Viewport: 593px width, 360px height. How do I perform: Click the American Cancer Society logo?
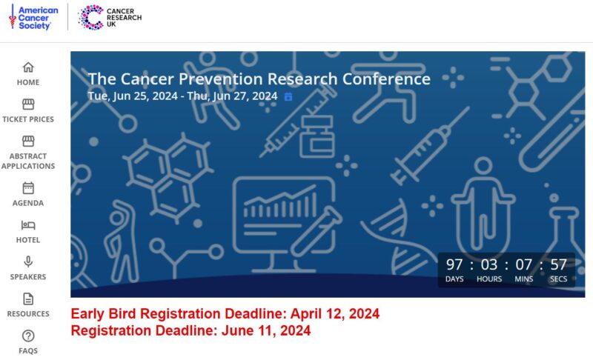[33, 17]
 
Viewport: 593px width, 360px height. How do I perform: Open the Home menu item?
[28, 73]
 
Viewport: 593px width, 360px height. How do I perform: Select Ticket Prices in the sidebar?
[28, 110]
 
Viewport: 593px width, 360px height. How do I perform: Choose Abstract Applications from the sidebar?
[28, 153]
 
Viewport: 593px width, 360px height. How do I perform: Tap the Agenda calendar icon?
[28, 187]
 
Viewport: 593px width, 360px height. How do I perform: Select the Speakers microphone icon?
[28, 261]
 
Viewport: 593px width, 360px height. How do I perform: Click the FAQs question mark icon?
[28, 336]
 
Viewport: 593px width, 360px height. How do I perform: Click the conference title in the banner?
[259, 79]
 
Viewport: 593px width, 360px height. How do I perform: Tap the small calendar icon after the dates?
[288, 97]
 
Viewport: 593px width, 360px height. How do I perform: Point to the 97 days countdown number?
[454, 264]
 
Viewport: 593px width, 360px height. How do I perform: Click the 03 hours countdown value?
[488, 264]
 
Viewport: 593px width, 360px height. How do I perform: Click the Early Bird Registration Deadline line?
[225, 313]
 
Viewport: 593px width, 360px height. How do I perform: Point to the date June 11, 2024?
[265, 330]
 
